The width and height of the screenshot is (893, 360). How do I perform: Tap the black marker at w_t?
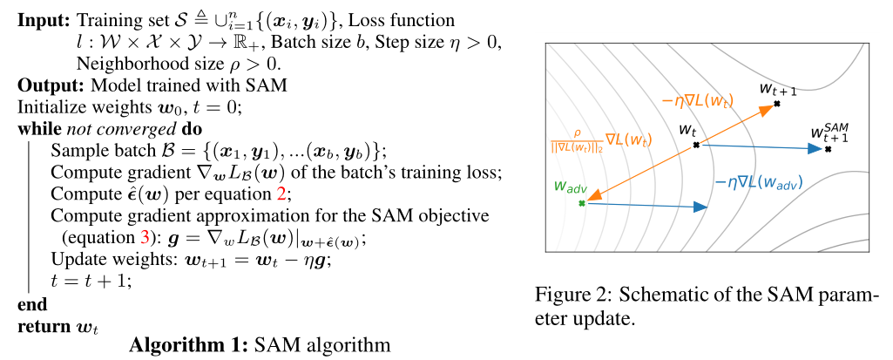click(696, 145)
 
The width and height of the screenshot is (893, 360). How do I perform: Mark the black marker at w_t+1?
click(776, 104)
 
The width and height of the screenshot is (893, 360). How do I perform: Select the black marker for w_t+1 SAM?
click(828, 149)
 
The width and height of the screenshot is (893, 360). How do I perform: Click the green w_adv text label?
click(568, 187)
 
